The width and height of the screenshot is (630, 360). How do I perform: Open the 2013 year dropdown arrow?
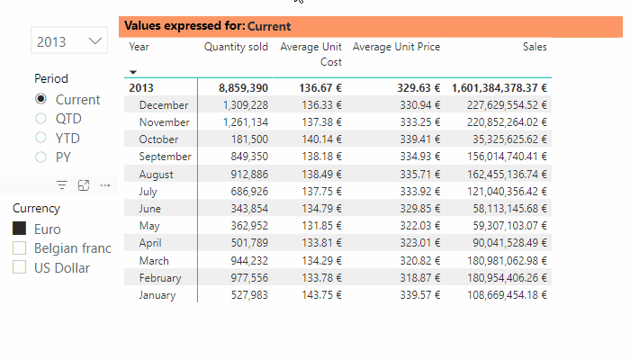point(95,41)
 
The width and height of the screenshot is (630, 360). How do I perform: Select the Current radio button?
point(40,100)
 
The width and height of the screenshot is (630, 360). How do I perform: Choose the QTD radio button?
point(40,119)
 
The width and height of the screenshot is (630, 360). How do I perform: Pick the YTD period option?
point(40,139)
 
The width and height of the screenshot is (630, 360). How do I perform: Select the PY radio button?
point(40,157)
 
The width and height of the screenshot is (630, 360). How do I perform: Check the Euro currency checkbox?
point(20,229)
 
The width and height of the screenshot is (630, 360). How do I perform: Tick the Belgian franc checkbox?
point(20,248)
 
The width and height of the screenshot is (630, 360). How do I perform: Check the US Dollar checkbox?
point(20,267)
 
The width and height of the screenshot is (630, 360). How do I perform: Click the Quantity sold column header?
point(236,47)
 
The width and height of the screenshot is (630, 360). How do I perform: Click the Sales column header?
point(535,47)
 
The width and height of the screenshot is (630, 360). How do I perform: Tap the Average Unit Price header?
point(396,47)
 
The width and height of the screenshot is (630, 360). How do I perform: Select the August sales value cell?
point(500,175)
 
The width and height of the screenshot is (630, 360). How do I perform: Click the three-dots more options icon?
point(105,185)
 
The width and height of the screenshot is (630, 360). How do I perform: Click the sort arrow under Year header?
point(133,72)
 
